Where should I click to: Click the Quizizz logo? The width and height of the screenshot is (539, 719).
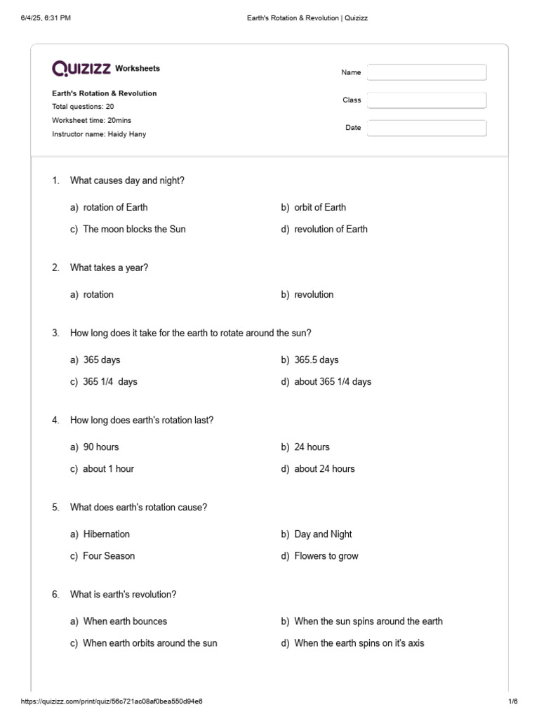click(81, 68)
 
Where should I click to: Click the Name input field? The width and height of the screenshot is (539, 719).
click(426, 72)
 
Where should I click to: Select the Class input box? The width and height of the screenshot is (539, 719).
click(426, 100)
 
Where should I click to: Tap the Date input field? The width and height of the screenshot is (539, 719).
click(426, 128)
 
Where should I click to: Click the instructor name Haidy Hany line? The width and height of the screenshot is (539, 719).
click(99, 134)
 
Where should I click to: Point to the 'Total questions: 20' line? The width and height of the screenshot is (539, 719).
click(83, 107)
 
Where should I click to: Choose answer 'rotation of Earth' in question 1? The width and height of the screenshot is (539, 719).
click(115, 207)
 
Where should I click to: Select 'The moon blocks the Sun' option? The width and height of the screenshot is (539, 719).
click(134, 229)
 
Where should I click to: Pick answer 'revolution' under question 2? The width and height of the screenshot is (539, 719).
click(314, 294)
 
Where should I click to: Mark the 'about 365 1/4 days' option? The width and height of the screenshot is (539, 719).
click(333, 381)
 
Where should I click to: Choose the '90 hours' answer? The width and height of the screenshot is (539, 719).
click(101, 447)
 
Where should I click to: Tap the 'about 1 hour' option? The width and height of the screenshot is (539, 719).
click(108, 468)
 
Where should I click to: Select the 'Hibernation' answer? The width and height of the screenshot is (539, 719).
click(106, 534)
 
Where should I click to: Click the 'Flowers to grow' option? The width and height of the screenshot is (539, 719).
click(326, 555)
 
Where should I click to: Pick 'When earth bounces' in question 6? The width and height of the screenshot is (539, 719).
click(125, 621)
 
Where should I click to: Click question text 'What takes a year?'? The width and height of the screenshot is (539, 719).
click(109, 268)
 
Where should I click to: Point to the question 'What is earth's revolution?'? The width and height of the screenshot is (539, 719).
click(123, 594)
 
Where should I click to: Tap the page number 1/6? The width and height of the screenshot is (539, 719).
click(512, 701)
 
